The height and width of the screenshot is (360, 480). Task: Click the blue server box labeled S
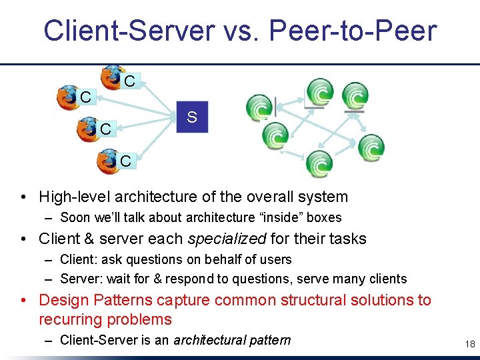(192, 117)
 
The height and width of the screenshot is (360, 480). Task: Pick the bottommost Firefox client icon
(108, 161)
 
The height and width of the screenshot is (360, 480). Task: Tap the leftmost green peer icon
(259, 107)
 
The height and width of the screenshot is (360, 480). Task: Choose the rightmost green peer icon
(371, 147)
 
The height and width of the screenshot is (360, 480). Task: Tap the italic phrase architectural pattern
(232, 340)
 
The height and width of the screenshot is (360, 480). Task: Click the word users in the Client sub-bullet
(276, 259)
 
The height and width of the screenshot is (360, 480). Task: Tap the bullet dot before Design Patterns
(23, 301)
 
